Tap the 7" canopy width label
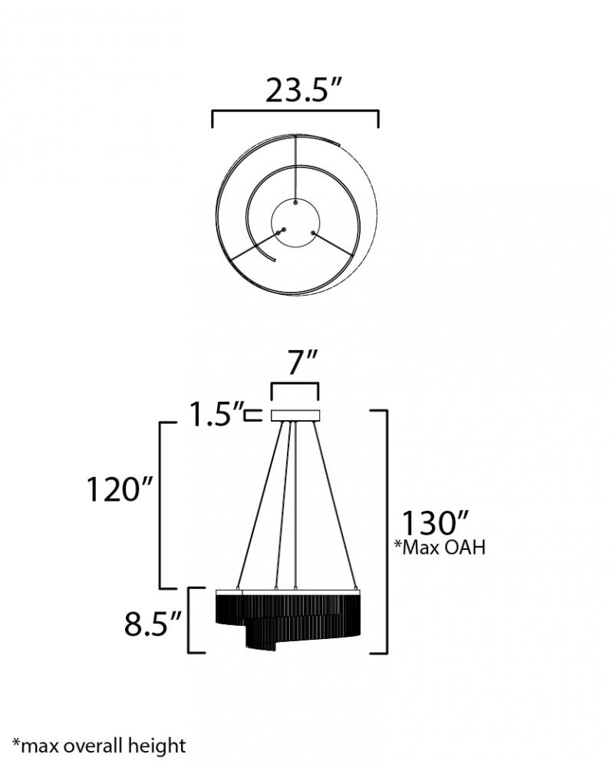coord(302,362)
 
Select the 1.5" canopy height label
coord(216,414)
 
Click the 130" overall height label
coord(435,522)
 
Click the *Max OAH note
coord(440,547)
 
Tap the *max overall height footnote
coord(99,746)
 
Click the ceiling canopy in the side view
coord(295,415)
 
